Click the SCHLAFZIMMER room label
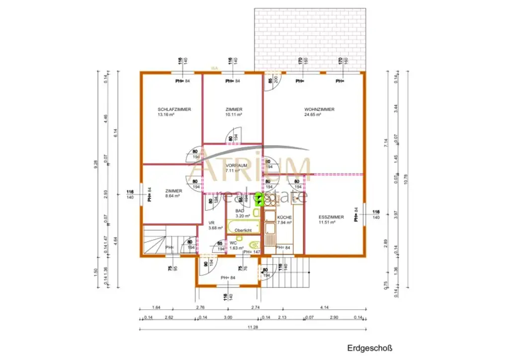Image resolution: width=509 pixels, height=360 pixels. click(x=174, y=109)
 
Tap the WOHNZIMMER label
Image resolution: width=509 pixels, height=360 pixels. click(x=319, y=109)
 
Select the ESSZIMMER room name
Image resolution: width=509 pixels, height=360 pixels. click(x=331, y=217)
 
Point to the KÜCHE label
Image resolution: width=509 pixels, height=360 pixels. click(x=284, y=218)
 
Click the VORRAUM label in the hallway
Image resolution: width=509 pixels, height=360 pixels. click(x=237, y=165)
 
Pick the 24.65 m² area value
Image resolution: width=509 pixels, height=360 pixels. click(x=313, y=114)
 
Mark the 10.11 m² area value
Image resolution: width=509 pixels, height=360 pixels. click(x=234, y=114)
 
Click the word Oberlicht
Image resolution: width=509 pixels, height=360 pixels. click(x=244, y=230)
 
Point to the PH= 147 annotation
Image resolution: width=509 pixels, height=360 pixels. click(x=252, y=253)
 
